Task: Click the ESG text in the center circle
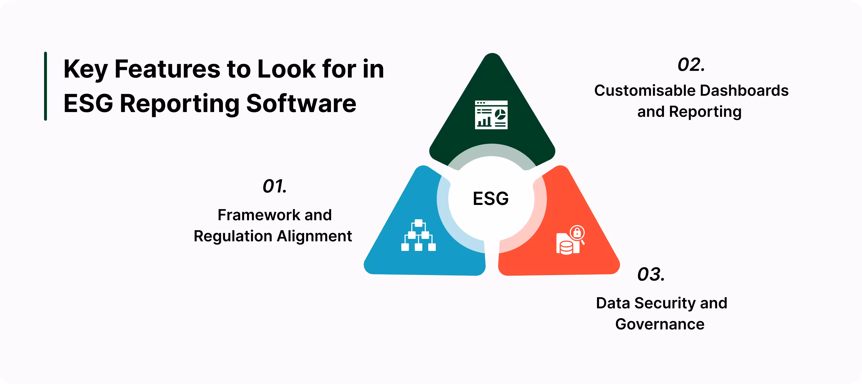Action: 491,198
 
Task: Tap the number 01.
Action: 274,186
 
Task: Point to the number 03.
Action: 651,274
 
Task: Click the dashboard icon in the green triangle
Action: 491,115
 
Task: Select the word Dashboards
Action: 744,91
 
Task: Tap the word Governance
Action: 660,324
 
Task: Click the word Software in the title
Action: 301,103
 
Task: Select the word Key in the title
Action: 85,69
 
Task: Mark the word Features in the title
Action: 168,69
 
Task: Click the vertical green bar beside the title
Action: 45,86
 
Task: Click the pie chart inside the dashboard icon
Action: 500,114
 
